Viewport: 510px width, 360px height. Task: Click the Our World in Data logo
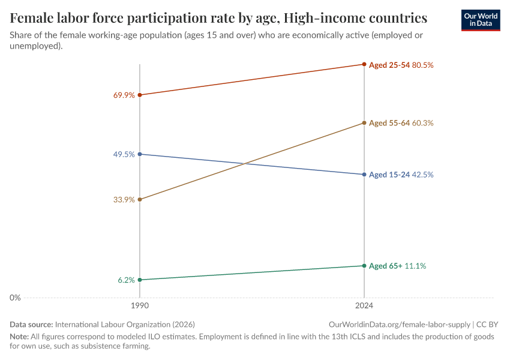click(x=480, y=20)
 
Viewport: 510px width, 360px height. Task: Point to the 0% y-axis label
click(x=16, y=298)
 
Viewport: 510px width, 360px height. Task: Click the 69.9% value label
click(x=124, y=95)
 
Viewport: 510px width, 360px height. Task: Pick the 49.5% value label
click(x=124, y=154)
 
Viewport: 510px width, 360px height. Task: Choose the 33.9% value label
click(x=124, y=200)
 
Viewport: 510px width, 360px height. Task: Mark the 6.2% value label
click(x=126, y=280)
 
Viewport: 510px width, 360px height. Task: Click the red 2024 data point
click(x=364, y=64)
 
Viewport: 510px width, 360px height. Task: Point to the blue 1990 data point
click(x=140, y=154)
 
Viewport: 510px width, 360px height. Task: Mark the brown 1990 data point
click(x=140, y=200)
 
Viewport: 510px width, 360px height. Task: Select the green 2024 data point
click(x=364, y=266)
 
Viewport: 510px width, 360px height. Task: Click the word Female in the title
click(x=31, y=17)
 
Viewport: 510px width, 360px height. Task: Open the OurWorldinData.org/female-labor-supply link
click(x=399, y=324)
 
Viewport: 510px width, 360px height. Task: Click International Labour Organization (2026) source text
click(x=125, y=324)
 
